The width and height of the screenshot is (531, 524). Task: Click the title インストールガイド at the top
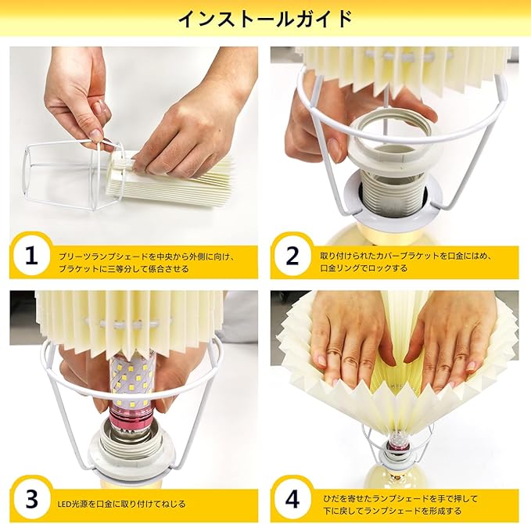265,19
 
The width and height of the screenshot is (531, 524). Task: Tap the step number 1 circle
31,256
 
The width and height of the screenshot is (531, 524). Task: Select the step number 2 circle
292,256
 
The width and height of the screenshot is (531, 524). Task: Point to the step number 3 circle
31,499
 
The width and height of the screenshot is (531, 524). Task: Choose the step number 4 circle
292,499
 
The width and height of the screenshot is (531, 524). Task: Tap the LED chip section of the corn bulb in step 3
131,379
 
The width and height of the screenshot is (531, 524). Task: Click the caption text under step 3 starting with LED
121,504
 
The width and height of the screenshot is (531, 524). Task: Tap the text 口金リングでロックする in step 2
364,268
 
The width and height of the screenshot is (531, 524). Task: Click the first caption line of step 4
400,498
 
